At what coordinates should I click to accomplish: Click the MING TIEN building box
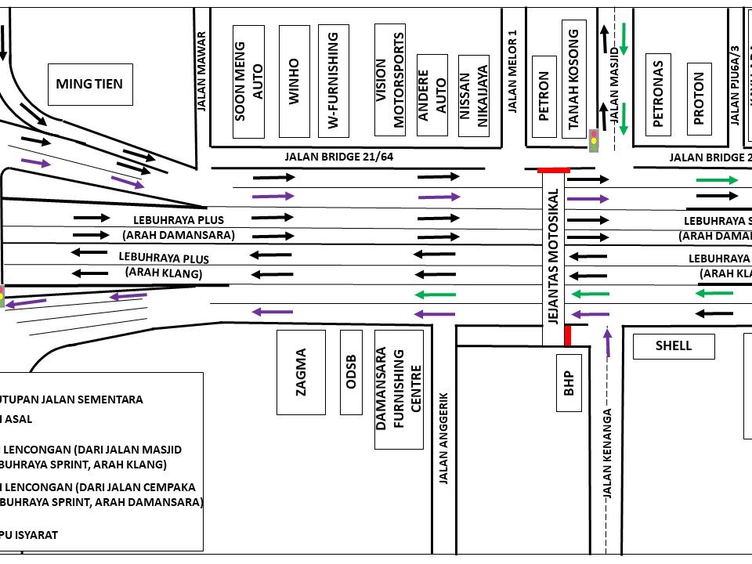pos(89,84)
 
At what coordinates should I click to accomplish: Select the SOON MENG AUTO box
pos(250,81)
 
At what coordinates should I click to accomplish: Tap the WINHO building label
pos(294,81)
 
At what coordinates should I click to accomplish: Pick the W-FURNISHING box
pos(333,81)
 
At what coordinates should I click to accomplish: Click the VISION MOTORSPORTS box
pos(390,80)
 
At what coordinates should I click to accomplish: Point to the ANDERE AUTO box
pos(432,95)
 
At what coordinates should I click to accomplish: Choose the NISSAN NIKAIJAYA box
pos(473,95)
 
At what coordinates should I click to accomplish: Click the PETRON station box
pos(544,96)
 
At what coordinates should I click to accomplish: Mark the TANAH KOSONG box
pos(573,78)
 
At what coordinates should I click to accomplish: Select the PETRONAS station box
pos(658,94)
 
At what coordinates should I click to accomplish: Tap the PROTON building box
pos(699,98)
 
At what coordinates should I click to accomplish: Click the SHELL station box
pos(673,345)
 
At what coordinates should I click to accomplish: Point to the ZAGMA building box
pos(302,372)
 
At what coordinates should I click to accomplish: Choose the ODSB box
pos(351,372)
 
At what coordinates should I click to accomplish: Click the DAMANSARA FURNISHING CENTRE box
pos(399,389)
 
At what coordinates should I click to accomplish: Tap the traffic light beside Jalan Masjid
pos(595,141)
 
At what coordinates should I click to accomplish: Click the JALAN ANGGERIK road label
pos(443,438)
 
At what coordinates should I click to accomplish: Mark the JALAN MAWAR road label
pos(201,70)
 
